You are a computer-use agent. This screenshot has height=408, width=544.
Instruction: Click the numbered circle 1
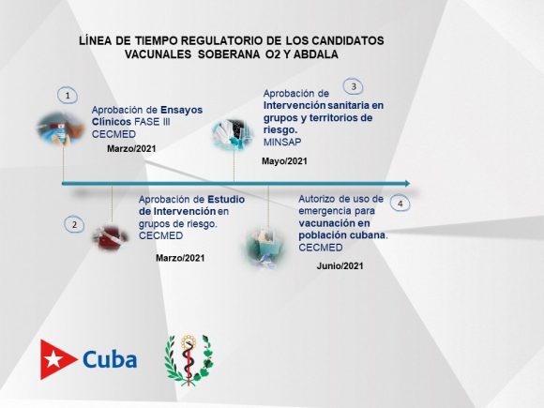(68, 96)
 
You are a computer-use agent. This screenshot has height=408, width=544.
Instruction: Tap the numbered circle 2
(74, 224)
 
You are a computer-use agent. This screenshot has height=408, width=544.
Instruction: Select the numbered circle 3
(354, 86)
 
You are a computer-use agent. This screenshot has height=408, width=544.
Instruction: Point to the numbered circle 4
(400, 204)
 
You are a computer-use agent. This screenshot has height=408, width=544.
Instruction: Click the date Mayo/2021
(284, 161)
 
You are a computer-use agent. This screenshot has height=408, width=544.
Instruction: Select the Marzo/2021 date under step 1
(131, 149)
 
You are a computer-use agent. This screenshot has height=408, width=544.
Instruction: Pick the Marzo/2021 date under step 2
(180, 258)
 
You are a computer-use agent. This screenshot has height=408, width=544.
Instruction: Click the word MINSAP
(282, 142)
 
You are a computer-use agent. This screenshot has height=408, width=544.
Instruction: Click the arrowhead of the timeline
(407, 184)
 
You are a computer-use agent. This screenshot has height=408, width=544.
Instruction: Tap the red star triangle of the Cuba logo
(56, 359)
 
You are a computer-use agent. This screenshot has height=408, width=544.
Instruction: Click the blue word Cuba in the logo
(110, 359)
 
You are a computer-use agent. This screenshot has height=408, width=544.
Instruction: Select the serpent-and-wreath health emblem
(189, 360)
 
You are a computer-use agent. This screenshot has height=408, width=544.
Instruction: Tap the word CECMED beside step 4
(321, 248)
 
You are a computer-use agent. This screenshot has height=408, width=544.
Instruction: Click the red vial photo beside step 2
(111, 237)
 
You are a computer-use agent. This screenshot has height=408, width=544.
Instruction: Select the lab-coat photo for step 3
(233, 135)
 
